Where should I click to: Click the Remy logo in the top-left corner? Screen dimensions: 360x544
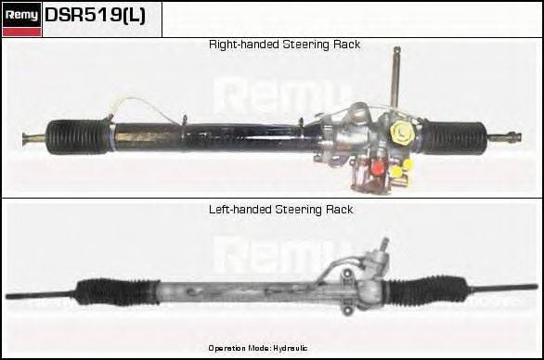click(21, 19)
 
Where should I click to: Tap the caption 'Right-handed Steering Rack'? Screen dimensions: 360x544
click(284, 45)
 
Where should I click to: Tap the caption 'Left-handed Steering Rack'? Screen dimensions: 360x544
click(280, 210)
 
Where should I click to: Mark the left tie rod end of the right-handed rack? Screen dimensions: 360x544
click(32, 139)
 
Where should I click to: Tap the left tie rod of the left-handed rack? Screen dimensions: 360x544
click(37, 296)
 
